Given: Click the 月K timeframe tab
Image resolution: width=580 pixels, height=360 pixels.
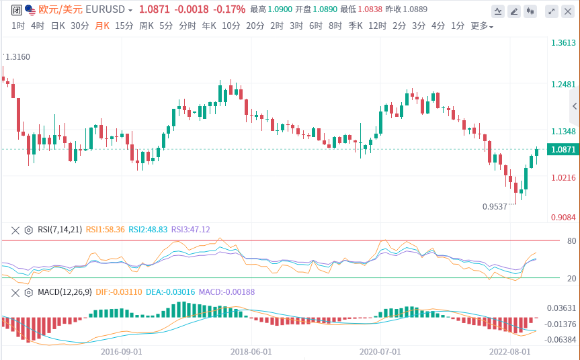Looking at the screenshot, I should pos(102,26).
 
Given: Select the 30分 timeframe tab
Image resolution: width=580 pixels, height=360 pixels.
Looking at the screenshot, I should pos(79,26).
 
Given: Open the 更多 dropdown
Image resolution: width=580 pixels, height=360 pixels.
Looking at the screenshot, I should pos(481,26).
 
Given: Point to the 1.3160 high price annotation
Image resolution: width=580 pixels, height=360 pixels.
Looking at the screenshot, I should pos(17,57).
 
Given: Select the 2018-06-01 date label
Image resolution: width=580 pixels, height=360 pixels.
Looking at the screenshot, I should pos(251,351).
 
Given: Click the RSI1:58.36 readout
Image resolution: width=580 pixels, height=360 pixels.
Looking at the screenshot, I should pos(105,230).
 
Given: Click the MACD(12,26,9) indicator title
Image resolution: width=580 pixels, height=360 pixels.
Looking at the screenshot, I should pos(65,292).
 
